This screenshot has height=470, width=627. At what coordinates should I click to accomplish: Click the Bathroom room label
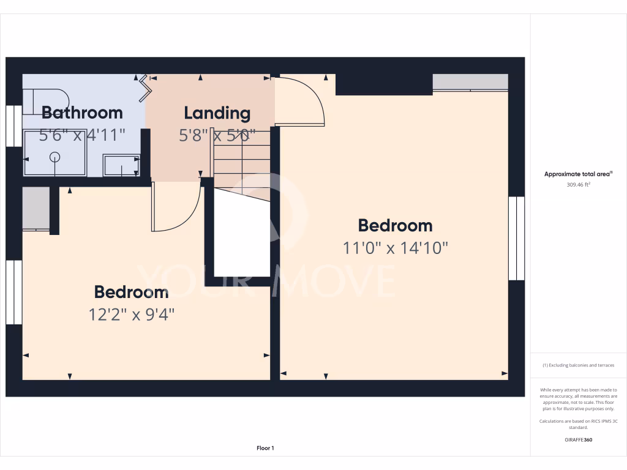tap(82, 113)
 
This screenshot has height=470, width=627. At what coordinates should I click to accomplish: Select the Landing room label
tap(217, 113)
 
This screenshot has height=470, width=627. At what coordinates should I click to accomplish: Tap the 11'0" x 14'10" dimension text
tap(396, 248)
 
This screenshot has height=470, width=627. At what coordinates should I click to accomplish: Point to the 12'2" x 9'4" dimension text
tap(132, 315)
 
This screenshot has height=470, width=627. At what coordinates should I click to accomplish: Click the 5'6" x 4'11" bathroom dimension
tap(82, 135)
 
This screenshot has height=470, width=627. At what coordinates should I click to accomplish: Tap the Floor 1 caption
tap(265, 449)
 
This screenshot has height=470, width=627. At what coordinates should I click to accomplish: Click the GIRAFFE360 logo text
tap(578, 439)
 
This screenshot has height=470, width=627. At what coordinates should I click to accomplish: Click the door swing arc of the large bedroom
tap(300, 101)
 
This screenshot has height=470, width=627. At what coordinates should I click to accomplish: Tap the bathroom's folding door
tap(145, 88)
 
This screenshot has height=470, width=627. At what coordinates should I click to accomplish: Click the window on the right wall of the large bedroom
tap(517, 238)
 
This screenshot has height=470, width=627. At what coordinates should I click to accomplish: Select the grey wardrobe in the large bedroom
tap(470, 82)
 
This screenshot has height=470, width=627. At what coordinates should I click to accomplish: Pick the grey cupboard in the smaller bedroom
tap(36, 209)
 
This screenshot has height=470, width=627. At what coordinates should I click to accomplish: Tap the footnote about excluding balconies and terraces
tap(578, 365)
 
